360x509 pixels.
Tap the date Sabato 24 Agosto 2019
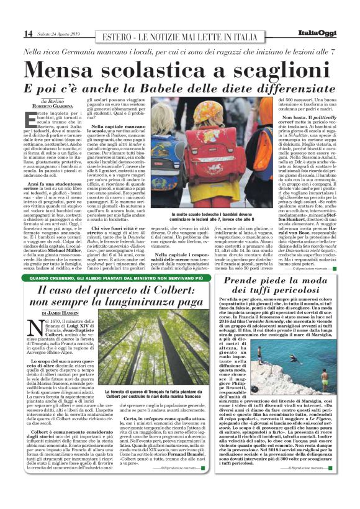[x=57, y=34]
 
